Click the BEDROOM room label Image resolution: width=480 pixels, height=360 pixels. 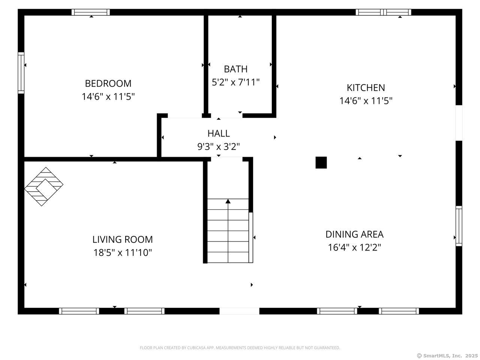point(108,83)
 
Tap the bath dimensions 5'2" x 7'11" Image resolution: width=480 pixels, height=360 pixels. point(235,82)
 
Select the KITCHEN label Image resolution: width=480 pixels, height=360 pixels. point(366,88)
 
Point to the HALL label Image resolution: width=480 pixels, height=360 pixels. point(219,133)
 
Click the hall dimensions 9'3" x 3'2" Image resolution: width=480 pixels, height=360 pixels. point(219,146)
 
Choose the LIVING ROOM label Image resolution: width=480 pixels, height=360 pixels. point(123,239)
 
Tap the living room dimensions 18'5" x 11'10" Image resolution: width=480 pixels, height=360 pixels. point(123,253)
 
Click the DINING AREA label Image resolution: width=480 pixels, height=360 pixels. point(354,234)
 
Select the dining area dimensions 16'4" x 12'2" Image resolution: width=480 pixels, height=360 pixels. point(354,247)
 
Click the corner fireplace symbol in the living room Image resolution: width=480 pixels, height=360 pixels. point(44,186)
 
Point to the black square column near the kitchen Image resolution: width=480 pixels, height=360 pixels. point(321,163)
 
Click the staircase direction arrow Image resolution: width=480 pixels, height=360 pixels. point(228,202)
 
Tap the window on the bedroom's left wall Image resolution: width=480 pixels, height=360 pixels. point(21,73)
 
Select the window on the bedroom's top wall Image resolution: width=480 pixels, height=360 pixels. point(91,12)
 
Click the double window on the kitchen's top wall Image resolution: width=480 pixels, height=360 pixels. point(383,12)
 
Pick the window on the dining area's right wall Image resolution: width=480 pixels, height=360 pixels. point(459,226)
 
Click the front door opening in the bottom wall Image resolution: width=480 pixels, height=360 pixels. point(239,311)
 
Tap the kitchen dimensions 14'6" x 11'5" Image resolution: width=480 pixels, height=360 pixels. point(366,101)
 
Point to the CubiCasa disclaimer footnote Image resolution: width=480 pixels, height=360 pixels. point(240,348)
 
